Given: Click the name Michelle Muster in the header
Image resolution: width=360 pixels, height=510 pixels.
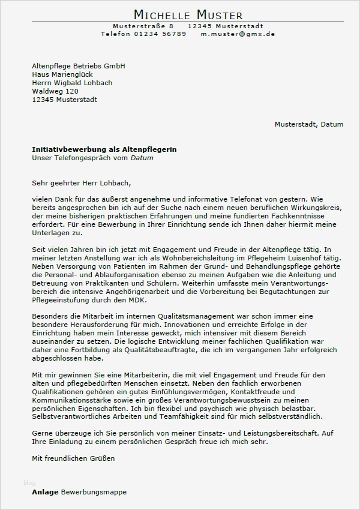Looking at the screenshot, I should pos(188,14).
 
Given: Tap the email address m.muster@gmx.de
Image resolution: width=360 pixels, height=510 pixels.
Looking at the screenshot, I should pos(238,34).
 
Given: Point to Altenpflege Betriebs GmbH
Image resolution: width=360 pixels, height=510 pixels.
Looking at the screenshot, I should pos(78,66).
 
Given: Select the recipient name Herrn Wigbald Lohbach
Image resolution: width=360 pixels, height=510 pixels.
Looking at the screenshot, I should pos(72,83).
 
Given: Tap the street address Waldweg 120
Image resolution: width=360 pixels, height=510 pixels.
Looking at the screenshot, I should pos(55,91).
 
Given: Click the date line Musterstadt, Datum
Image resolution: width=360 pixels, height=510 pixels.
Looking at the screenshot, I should pos(309,124).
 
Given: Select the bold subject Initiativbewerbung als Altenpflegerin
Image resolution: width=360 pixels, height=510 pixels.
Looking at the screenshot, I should pos(104,149).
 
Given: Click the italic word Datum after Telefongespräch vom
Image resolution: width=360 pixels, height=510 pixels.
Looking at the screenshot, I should pos(142,158).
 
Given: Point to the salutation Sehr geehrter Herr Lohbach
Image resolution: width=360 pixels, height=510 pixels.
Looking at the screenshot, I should pos(81,182).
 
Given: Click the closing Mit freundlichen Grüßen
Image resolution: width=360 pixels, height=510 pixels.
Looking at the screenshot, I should pos(73,458).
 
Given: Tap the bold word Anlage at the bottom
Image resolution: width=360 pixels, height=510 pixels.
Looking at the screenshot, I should pos(45,492).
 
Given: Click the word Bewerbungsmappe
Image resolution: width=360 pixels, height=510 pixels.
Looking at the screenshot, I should pos(94,492).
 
